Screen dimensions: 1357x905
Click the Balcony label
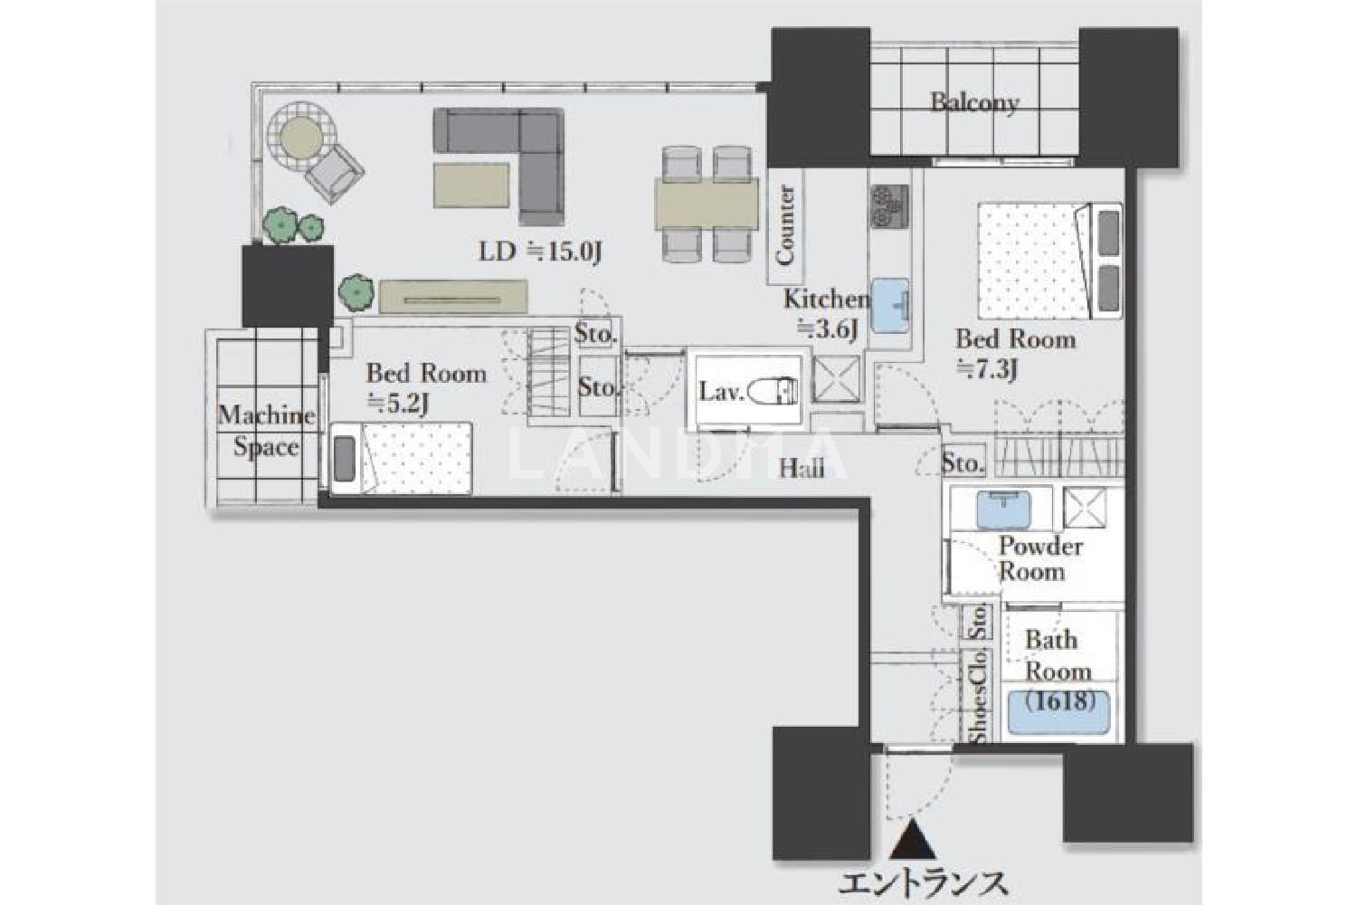click(x=974, y=102)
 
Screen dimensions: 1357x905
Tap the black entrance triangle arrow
click(x=912, y=840)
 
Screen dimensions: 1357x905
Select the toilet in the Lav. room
click(x=773, y=392)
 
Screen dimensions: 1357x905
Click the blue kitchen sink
click(x=890, y=306)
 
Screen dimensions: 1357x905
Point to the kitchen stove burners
click(x=890, y=206)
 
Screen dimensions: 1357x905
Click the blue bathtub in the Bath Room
click(x=1058, y=713)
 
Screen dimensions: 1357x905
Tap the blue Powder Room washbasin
click(x=1003, y=510)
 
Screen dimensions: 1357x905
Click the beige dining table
click(x=707, y=205)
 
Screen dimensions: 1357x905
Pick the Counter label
click(x=786, y=225)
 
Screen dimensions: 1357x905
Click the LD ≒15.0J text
click(x=540, y=251)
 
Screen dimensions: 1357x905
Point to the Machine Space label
click(x=266, y=431)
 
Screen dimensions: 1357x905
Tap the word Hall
click(x=802, y=469)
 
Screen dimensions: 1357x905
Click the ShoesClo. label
click(x=977, y=696)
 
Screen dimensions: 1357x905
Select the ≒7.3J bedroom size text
click(x=987, y=368)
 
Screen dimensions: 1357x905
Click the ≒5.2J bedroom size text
click(x=398, y=403)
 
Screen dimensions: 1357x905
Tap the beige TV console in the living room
click(x=453, y=297)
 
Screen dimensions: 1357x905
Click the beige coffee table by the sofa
click(x=471, y=186)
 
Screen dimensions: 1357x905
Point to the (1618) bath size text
click(x=1061, y=701)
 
